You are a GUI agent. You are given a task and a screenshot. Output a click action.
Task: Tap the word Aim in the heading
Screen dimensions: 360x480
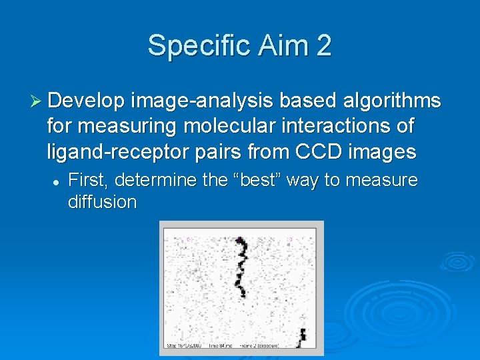(275, 46)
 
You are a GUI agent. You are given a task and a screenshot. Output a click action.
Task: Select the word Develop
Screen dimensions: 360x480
(86, 101)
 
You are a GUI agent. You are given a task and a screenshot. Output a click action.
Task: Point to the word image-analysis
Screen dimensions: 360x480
(202, 101)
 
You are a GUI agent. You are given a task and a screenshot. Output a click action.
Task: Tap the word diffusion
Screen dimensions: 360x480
(101, 202)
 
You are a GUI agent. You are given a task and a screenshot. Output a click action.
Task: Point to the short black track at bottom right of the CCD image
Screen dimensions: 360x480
(302, 336)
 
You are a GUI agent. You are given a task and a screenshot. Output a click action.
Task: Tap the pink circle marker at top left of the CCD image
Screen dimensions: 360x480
(188, 238)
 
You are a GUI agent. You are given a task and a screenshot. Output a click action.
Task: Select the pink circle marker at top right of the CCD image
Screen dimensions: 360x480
(290, 238)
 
